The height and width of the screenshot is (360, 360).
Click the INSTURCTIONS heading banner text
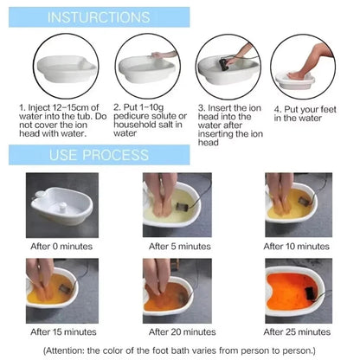pos(99,17)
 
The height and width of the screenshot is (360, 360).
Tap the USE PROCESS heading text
pos(99,155)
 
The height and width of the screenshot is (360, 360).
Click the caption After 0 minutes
pos(61,247)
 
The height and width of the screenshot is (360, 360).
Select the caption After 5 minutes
pos(180,247)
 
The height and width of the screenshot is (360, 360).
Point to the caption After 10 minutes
pos(296,247)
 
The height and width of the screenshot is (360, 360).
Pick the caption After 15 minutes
pos(63,331)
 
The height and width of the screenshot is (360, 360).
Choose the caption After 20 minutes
pos(183,331)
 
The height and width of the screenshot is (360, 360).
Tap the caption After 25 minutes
pos(297,331)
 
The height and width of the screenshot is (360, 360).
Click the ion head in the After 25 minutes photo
pos(310,293)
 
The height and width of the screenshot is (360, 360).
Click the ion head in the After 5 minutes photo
pos(182,207)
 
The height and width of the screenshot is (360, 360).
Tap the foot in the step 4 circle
pos(298,75)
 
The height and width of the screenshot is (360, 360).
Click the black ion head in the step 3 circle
pos(224,63)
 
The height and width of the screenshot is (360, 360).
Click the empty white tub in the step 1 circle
pos(67,68)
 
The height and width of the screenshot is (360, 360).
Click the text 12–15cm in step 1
pos(70,108)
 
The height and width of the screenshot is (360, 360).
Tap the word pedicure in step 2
pos(131,116)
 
